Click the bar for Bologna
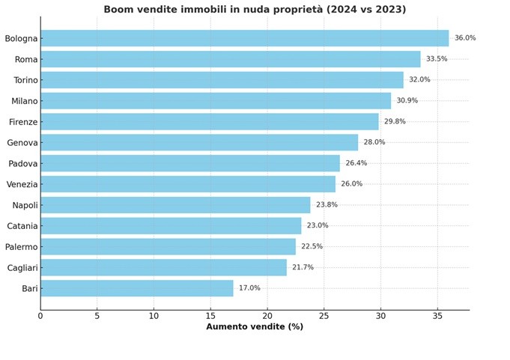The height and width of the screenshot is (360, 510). (x=244, y=38)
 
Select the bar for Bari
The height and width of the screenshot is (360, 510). (x=137, y=288)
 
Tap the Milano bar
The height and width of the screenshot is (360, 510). (x=216, y=101)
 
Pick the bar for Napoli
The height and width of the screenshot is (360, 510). (x=175, y=205)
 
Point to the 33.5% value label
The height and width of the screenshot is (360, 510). (x=437, y=59)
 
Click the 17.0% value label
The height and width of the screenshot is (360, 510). (x=249, y=288)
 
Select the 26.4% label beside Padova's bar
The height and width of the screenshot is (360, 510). (x=356, y=163)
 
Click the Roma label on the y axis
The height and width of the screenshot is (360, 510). (x=25, y=59)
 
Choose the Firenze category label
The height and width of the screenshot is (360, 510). (x=22, y=122)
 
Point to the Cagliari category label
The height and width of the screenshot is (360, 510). (x=22, y=267)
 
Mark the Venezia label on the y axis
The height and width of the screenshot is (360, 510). (x=22, y=184)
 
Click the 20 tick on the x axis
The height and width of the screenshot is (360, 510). (x=267, y=317)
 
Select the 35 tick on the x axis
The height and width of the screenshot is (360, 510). (x=437, y=317)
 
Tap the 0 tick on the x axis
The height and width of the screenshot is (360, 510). (x=40, y=317)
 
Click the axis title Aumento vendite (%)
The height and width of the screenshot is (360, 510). (x=255, y=327)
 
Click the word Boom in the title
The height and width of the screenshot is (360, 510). (x=118, y=10)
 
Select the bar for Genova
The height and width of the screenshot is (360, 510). (x=199, y=142)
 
